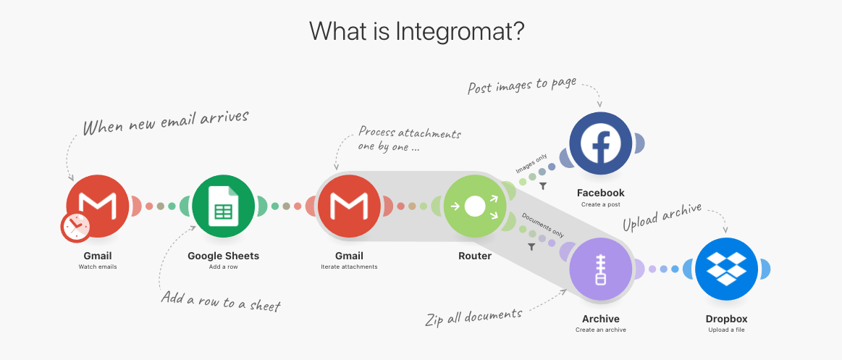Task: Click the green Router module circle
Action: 474,206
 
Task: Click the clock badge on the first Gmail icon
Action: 75,227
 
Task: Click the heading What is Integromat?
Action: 416,31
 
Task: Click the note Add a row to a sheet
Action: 220,301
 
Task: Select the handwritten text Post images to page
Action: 522,85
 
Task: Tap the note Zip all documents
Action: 473,316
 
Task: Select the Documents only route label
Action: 542,224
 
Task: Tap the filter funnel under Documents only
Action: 532,246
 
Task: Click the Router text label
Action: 474,256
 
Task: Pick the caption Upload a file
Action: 726,330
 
